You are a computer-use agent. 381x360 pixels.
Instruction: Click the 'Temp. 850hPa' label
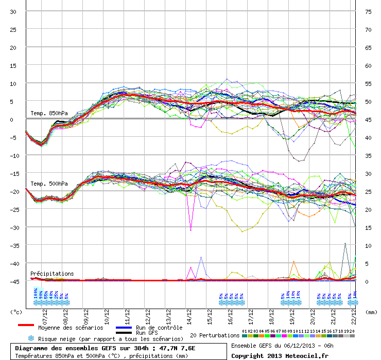49,113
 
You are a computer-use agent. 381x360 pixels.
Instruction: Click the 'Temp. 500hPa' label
49,184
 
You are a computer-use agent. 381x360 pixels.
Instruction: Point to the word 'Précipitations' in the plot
52,274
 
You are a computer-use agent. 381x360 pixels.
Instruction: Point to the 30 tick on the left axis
13,12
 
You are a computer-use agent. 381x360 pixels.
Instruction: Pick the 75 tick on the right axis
368,12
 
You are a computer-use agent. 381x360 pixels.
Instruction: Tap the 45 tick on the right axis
368,120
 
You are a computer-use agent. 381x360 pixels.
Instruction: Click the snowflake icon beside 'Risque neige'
31,339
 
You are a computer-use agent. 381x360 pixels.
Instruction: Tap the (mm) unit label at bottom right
372,312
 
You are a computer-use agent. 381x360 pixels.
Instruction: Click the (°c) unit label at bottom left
16,312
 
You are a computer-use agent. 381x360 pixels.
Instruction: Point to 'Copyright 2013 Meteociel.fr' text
280,355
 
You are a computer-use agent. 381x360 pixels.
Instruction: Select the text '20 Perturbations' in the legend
215,335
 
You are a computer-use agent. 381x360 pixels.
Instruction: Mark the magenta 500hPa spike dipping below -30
191,228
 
